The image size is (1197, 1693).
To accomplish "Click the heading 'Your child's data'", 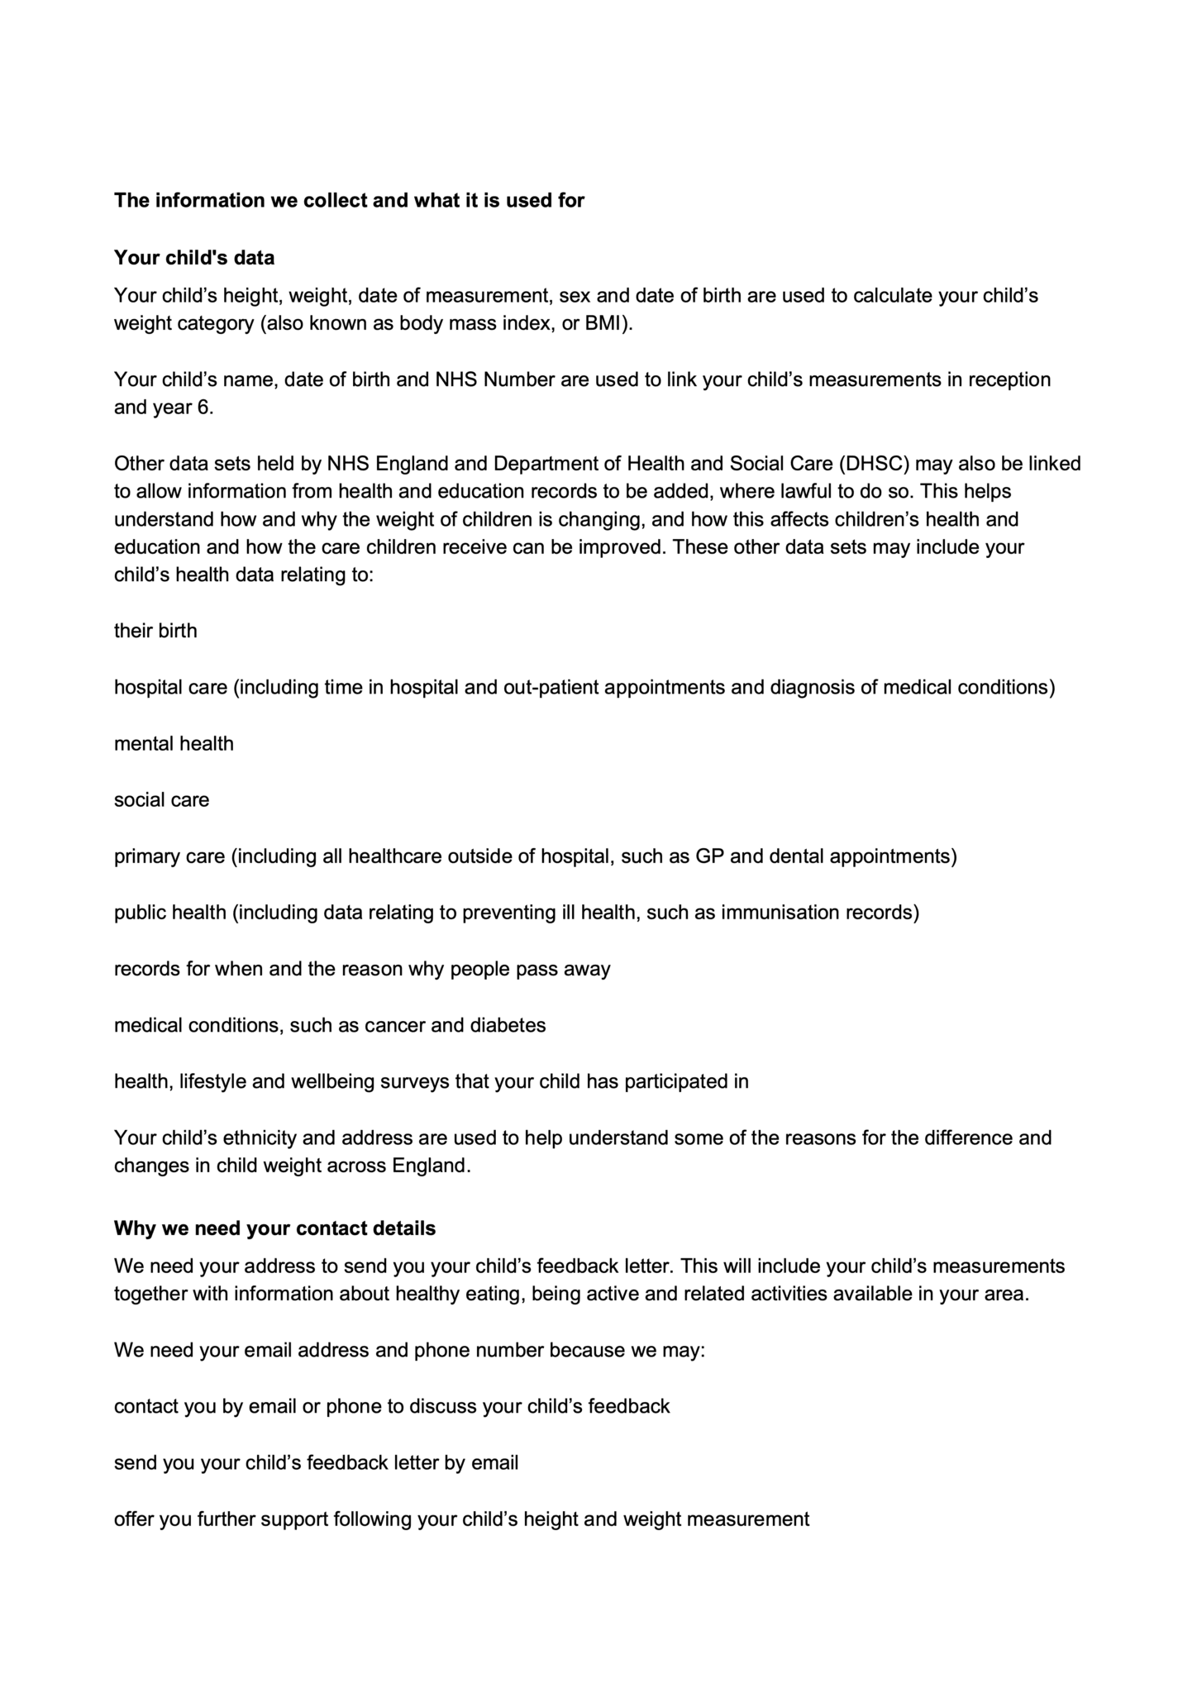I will pos(194,258).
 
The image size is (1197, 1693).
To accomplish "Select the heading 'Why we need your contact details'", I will pos(274,1228).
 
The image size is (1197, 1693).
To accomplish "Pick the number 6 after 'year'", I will pos(203,408).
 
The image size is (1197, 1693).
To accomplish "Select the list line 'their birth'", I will pos(155,631).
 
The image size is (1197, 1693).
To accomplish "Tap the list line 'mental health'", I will pos(174,743).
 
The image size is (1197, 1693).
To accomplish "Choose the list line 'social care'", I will pos(161,799).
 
